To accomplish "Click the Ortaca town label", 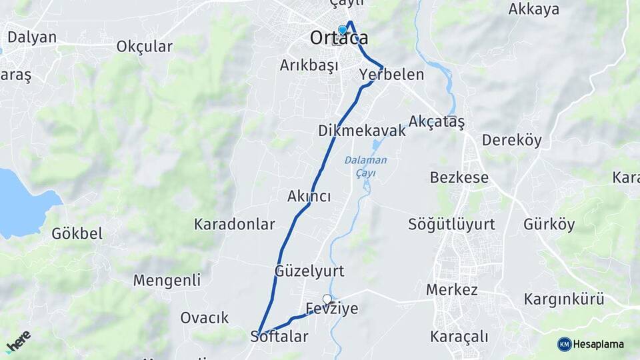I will pyautogui.click(x=339, y=38).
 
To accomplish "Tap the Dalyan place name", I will pyautogui.click(x=31, y=37).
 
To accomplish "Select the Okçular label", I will pyautogui.click(x=144, y=47).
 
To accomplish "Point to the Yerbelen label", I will pyautogui.click(x=391, y=74).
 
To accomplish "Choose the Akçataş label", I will pyautogui.click(x=437, y=121).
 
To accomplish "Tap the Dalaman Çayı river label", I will pyautogui.click(x=365, y=167).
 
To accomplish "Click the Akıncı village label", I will pyautogui.click(x=309, y=196).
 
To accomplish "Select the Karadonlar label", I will pyautogui.click(x=235, y=224).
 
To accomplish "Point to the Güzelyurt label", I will pyautogui.click(x=309, y=271).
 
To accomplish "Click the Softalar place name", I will pyautogui.click(x=279, y=336).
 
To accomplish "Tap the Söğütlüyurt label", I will pyautogui.click(x=451, y=224).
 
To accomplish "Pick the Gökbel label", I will pyautogui.click(x=77, y=233).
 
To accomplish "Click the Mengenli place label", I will pyautogui.click(x=167, y=280).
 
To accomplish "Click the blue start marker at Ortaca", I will pyautogui.click(x=343, y=29).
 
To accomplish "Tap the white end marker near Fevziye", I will pyautogui.click(x=327, y=299).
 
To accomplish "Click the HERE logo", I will pyautogui.click(x=18, y=341).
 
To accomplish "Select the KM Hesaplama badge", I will pyautogui.click(x=591, y=344).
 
